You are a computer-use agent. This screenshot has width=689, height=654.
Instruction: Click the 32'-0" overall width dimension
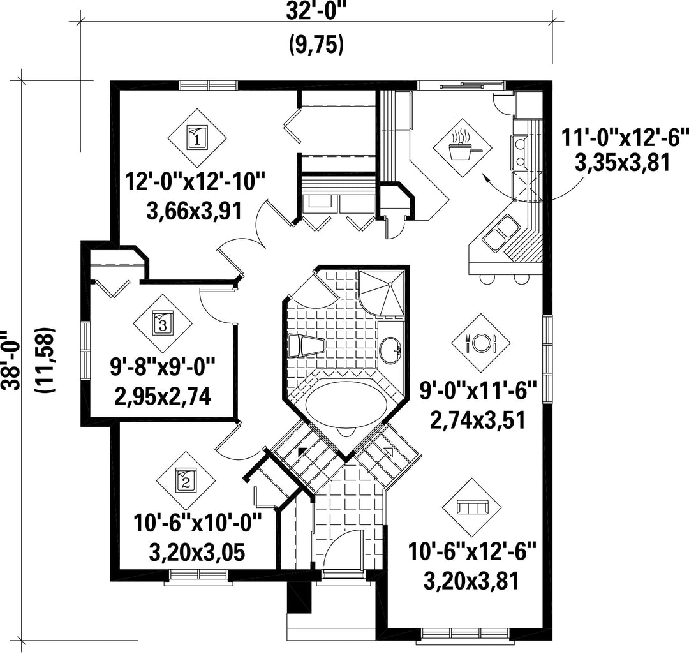coord(316,11)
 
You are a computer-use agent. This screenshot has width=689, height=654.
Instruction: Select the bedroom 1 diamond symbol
coord(197,138)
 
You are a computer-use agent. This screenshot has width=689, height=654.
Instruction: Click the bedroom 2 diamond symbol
coord(186,480)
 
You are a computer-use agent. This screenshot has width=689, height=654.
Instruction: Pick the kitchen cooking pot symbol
coord(463,147)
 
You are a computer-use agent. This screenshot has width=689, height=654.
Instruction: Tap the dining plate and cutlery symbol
coord(481,343)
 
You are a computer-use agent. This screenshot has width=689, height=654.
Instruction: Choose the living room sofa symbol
coord(473,507)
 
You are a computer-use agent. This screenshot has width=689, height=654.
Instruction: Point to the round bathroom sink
coord(390,350)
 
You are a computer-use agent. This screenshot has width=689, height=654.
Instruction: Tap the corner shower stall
coord(382,293)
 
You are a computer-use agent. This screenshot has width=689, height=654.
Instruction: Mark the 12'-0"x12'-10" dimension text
coord(196,181)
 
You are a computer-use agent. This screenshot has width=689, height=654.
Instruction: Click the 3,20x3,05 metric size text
coord(196,552)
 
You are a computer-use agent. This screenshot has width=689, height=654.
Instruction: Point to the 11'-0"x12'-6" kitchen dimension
coord(623,138)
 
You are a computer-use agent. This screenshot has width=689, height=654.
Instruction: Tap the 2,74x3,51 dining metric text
coord(477,420)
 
